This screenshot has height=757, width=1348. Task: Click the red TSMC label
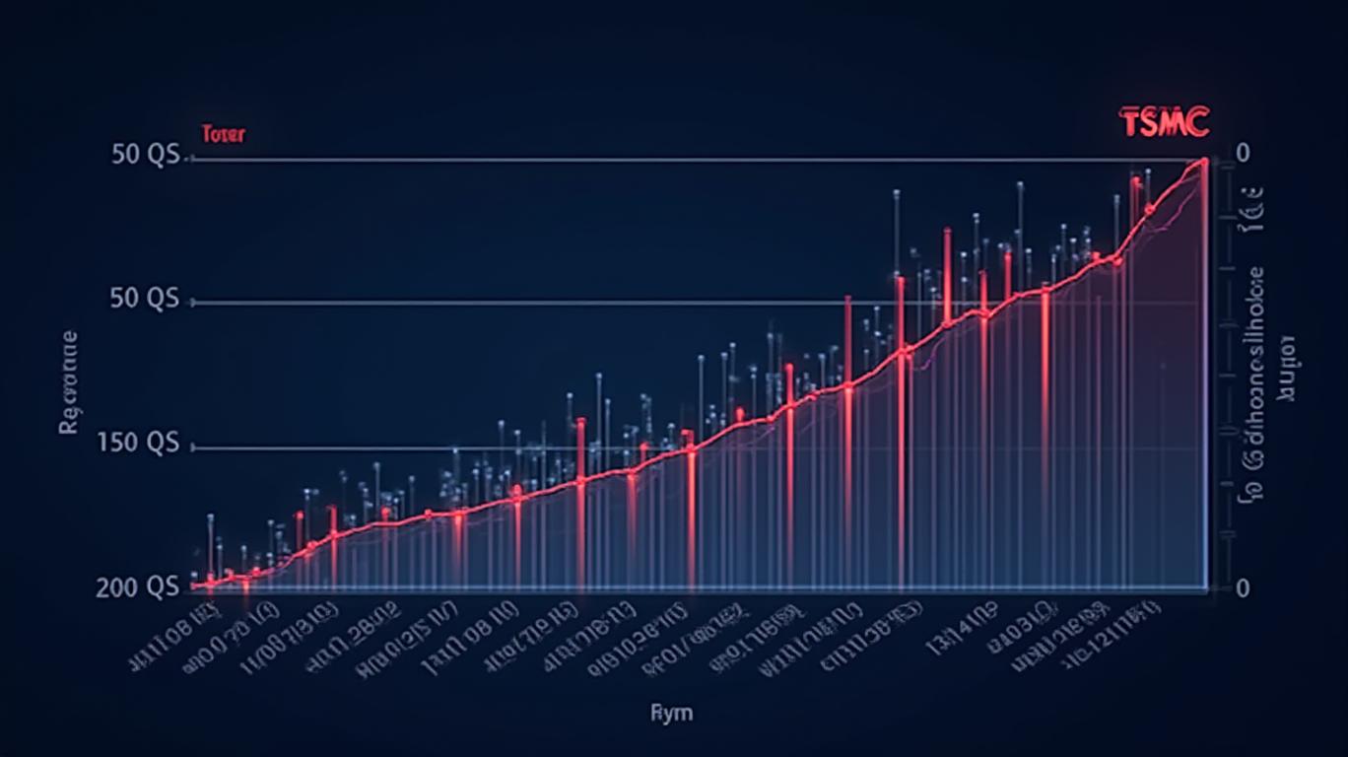(1164, 123)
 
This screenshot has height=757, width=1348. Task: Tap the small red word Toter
(223, 134)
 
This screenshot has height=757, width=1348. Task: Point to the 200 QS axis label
(138, 587)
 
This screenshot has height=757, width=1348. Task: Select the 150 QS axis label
(139, 445)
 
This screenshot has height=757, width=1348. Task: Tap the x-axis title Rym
(671, 712)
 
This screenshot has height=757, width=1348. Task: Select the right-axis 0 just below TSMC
(1243, 154)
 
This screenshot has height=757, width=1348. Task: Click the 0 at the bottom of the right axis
(1243, 588)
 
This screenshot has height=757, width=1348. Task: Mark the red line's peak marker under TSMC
(1203, 163)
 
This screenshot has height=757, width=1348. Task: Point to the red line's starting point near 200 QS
(196, 585)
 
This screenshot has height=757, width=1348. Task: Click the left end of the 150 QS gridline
(191, 447)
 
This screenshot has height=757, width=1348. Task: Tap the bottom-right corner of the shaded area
(1206, 588)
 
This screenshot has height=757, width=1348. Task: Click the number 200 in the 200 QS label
(116, 587)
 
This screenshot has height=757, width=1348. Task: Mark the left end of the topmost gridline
(189, 160)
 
